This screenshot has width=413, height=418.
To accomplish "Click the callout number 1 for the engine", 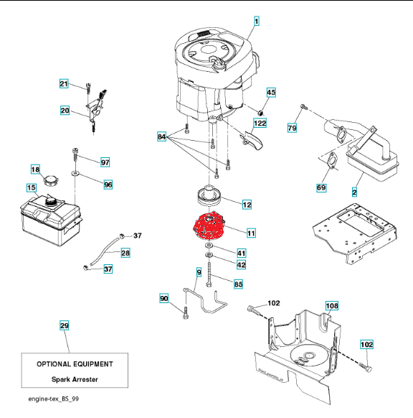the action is (256, 21).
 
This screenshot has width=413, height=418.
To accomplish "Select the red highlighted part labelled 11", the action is (209, 225).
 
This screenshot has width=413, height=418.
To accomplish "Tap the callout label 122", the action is (260, 123).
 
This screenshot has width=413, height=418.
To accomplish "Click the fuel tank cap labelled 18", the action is (51, 180).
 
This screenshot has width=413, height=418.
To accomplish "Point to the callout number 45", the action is (271, 93).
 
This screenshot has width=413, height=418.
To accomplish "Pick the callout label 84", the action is (161, 136).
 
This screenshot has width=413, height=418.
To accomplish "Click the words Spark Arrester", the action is (75, 379).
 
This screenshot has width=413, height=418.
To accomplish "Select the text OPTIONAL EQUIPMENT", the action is (75, 364).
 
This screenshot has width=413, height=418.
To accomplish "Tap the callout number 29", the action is (64, 325).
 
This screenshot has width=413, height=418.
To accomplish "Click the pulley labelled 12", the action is (209, 196).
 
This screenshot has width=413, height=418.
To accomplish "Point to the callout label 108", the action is (332, 306).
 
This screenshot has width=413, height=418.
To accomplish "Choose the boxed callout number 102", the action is (366, 345).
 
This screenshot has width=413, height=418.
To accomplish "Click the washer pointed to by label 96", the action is (75, 174).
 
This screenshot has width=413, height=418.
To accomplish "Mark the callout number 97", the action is (105, 162).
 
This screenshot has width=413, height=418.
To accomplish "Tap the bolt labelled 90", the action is (186, 312).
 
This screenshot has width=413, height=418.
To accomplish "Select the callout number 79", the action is (292, 128).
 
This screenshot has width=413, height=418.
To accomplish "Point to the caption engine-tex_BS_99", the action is (54, 399).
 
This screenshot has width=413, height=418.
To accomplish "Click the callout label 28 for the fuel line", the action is (125, 253).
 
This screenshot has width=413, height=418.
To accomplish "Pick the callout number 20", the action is (65, 111).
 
